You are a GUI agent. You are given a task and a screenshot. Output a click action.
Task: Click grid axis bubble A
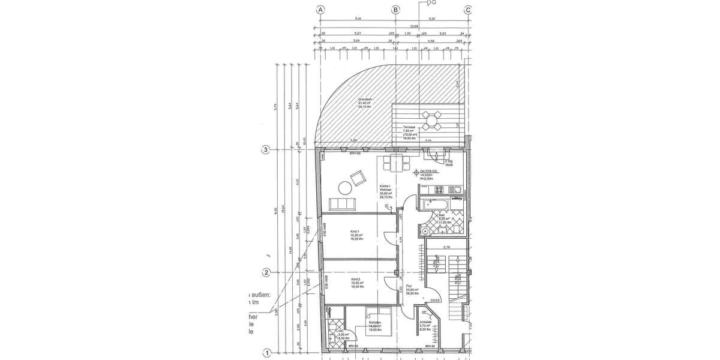tap(321, 10)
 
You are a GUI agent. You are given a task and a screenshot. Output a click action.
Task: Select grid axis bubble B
tap(395, 10)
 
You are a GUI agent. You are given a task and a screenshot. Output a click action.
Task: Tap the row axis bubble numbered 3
tap(266, 150)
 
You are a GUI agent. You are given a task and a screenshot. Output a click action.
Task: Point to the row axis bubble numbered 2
tap(266, 272)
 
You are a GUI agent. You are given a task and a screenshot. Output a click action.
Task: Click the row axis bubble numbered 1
tap(266, 353)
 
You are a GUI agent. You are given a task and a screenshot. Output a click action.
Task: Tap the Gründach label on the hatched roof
tap(367, 102)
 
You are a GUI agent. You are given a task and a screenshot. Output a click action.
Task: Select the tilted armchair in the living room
tap(358, 177)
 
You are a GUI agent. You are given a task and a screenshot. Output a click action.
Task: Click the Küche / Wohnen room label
tap(385, 190)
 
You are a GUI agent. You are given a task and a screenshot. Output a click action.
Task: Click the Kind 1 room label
tap(355, 235)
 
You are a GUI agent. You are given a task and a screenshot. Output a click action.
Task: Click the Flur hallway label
tap(412, 290)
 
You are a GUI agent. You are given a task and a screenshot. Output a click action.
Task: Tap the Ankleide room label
tap(425, 328)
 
